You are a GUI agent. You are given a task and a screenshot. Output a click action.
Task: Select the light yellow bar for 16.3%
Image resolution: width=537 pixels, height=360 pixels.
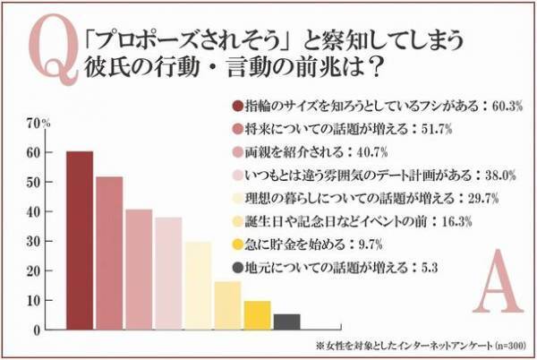[x=227, y=305]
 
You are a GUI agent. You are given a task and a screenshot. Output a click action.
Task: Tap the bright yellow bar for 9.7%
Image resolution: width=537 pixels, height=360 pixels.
[x=257, y=315]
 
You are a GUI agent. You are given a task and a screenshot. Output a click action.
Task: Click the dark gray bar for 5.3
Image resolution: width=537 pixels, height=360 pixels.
[x=286, y=321]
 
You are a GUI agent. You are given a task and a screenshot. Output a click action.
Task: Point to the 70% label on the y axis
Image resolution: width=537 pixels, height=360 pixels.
[x=38, y=123]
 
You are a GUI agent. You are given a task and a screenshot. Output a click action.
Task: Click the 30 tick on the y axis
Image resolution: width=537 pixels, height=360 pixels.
[x=34, y=242]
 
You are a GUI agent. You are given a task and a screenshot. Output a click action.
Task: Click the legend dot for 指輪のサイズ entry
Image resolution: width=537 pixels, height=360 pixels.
[x=238, y=107]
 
